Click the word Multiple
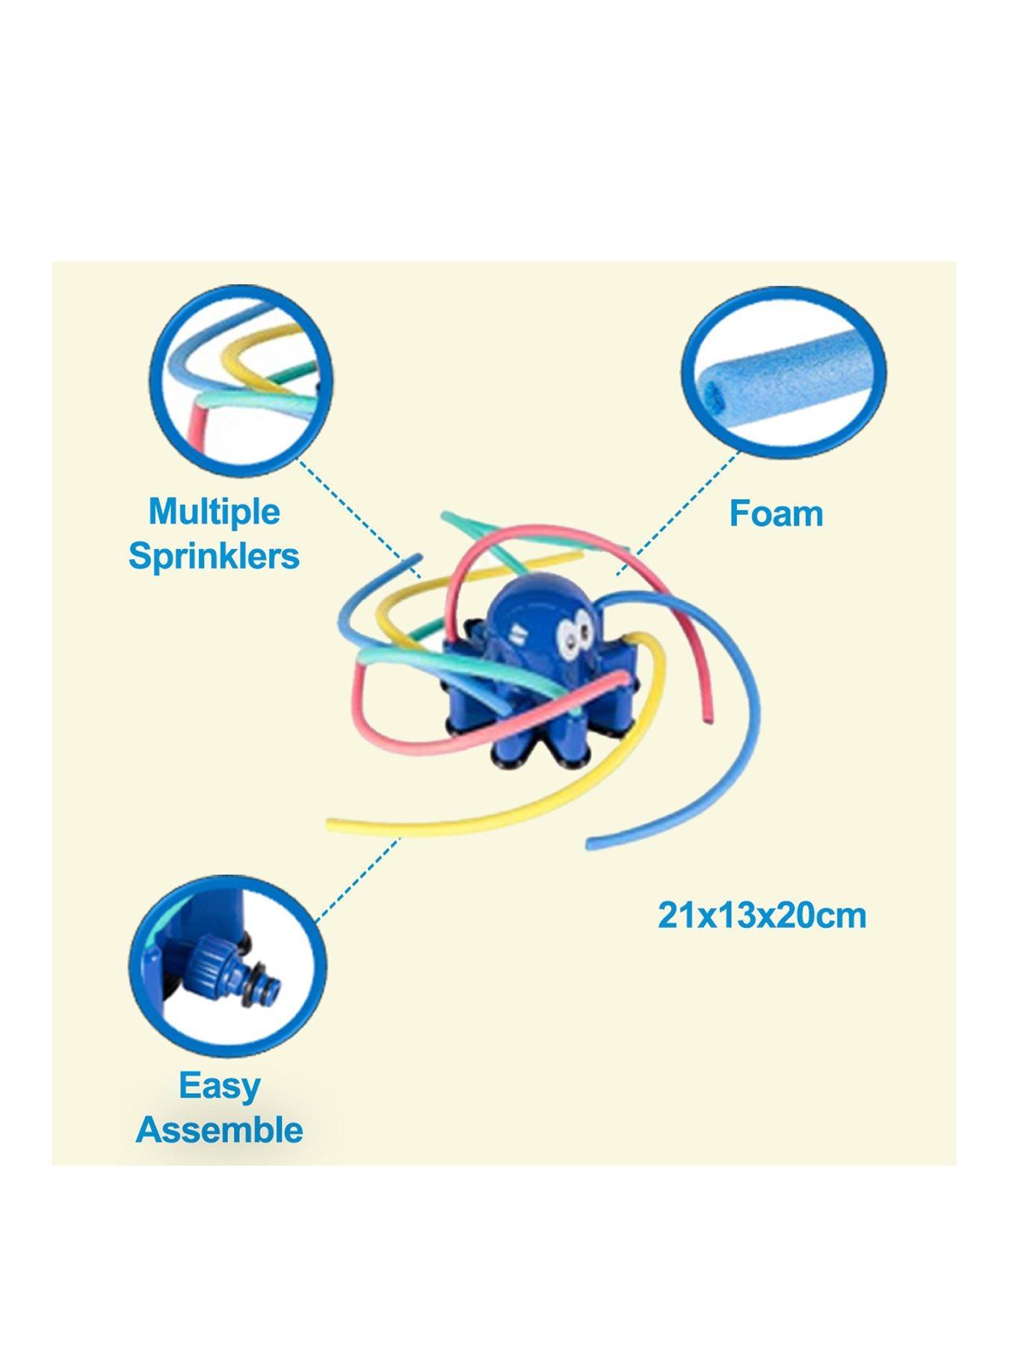[x=215, y=513]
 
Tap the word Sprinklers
[x=215, y=556]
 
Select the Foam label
[x=777, y=514]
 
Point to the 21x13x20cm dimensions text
[x=762, y=915]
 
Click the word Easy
[x=220, y=1086]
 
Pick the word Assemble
[x=220, y=1129]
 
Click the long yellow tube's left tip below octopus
[x=332, y=825]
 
